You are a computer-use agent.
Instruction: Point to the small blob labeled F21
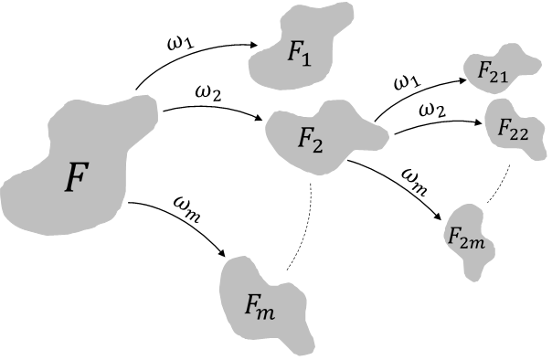(494, 68)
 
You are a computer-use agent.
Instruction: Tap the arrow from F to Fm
(183, 219)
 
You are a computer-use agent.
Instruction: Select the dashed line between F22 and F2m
(499, 187)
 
